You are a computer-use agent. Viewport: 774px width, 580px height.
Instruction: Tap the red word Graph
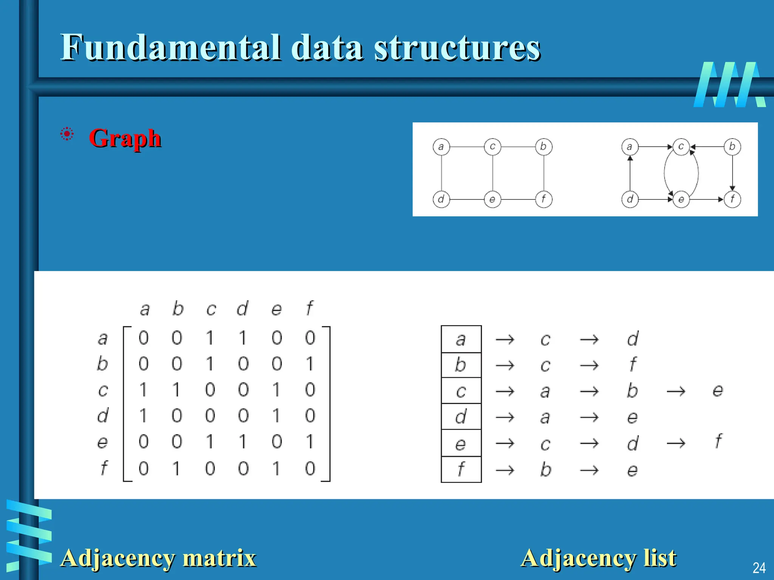click(x=125, y=139)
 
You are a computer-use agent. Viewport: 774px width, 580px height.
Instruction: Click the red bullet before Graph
click(x=67, y=134)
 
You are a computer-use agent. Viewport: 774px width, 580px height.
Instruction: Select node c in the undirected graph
click(x=492, y=147)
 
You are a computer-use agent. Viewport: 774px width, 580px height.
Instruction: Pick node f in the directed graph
click(x=732, y=199)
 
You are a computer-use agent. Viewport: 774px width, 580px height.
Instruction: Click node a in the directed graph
click(x=630, y=147)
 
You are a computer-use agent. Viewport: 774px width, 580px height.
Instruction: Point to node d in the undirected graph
click(x=441, y=199)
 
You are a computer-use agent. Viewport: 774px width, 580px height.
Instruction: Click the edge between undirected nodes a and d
click(x=441, y=173)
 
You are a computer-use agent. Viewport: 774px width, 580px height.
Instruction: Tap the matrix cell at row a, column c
click(x=210, y=338)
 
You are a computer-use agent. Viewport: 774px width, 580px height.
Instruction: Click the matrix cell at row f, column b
click(x=176, y=469)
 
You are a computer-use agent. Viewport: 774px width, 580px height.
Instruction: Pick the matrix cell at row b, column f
click(x=310, y=364)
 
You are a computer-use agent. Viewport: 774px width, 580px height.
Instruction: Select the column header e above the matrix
click(x=277, y=309)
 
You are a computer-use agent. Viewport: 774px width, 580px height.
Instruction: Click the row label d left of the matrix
click(x=102, y=416)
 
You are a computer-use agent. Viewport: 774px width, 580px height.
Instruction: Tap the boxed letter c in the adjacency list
click(x=461, y=391)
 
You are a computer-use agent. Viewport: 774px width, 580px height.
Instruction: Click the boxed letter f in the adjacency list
click(x=461, y=469)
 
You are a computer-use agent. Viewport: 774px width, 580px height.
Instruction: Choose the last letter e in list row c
click(x=718, y=390)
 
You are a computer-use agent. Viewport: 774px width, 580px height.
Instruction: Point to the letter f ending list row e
click(x=718, y=441)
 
